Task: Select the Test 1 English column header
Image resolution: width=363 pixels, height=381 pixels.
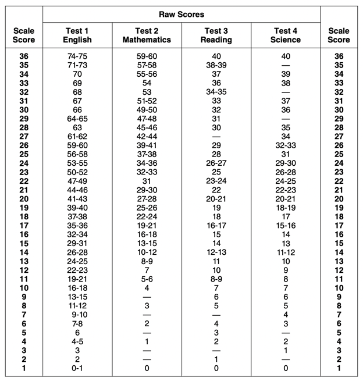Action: [77, 35]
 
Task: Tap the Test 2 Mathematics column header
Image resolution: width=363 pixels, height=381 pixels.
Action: [147, 35]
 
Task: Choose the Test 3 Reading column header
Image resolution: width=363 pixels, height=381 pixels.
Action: [216, 35]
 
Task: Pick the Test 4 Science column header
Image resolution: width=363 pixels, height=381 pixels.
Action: [286, 35]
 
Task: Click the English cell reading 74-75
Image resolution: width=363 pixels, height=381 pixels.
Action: [77, 56]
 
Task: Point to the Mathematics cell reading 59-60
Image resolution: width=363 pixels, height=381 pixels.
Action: [147, 56]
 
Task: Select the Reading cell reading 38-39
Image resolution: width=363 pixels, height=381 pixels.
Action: [216, 65]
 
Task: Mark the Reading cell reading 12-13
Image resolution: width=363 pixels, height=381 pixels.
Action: [216, 252]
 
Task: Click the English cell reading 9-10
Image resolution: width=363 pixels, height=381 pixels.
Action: [77, 315]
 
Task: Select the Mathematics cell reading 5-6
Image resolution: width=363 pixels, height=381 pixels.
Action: [147, 279]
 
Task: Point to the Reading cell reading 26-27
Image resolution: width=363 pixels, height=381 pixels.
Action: [216, 163]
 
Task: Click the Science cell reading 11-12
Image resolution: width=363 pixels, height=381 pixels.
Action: [286, 252]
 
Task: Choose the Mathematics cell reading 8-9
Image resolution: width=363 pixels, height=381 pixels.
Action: [147, 261]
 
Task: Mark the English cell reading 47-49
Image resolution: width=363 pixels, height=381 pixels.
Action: [77, 181]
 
